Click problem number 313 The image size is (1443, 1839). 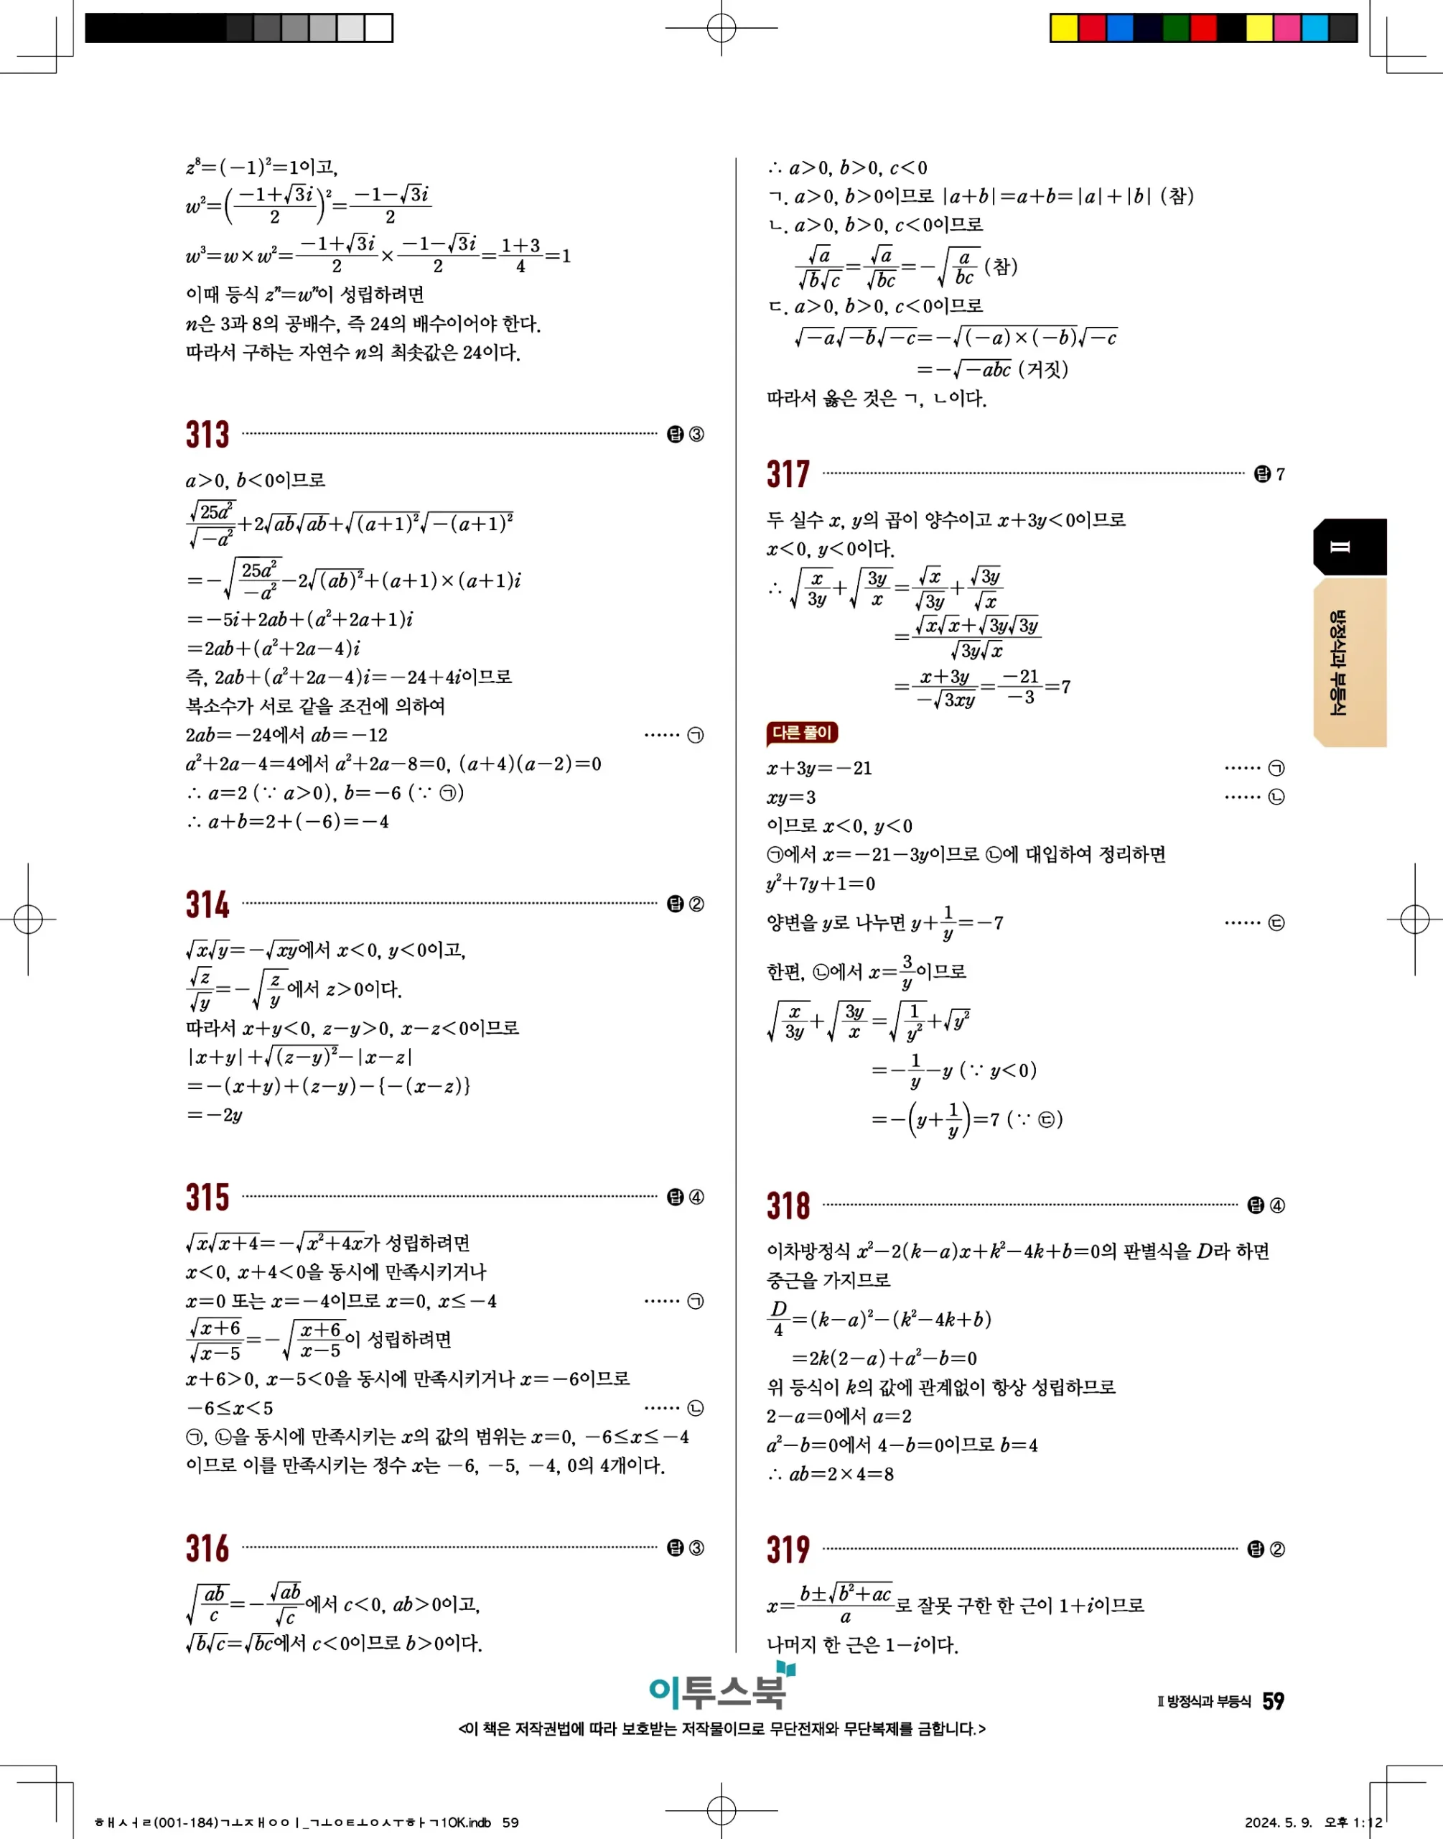[x=207, y=435]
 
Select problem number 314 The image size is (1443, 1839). [x=207, y=904]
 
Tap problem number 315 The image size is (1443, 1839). [x=207, y=1197]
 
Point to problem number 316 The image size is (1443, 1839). [x=207, y=1548]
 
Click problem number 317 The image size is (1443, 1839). [x=788, y=474]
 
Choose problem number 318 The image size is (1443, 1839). [x=788, y=1205]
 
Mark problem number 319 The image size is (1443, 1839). [x=788, y=1549]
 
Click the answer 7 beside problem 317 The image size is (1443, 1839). [x=1280, y=474]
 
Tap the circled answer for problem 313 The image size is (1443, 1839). [x=696, y=435]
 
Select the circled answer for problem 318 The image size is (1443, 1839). [x=1276, y=1206]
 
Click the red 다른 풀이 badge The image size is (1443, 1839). [x=801, y=733]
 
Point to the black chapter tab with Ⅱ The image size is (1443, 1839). [x=1348, y=547]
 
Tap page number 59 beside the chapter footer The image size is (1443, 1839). [x=1272, y=1701]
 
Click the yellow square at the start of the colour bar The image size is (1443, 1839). [x=1064, y=28]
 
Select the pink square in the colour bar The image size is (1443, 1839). [x=1286, y=28]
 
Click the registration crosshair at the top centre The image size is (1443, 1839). [x=721, y=28]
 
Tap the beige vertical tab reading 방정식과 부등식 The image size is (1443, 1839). [x=1348, y=662]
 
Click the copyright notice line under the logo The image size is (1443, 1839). [x=721, y=1729]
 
